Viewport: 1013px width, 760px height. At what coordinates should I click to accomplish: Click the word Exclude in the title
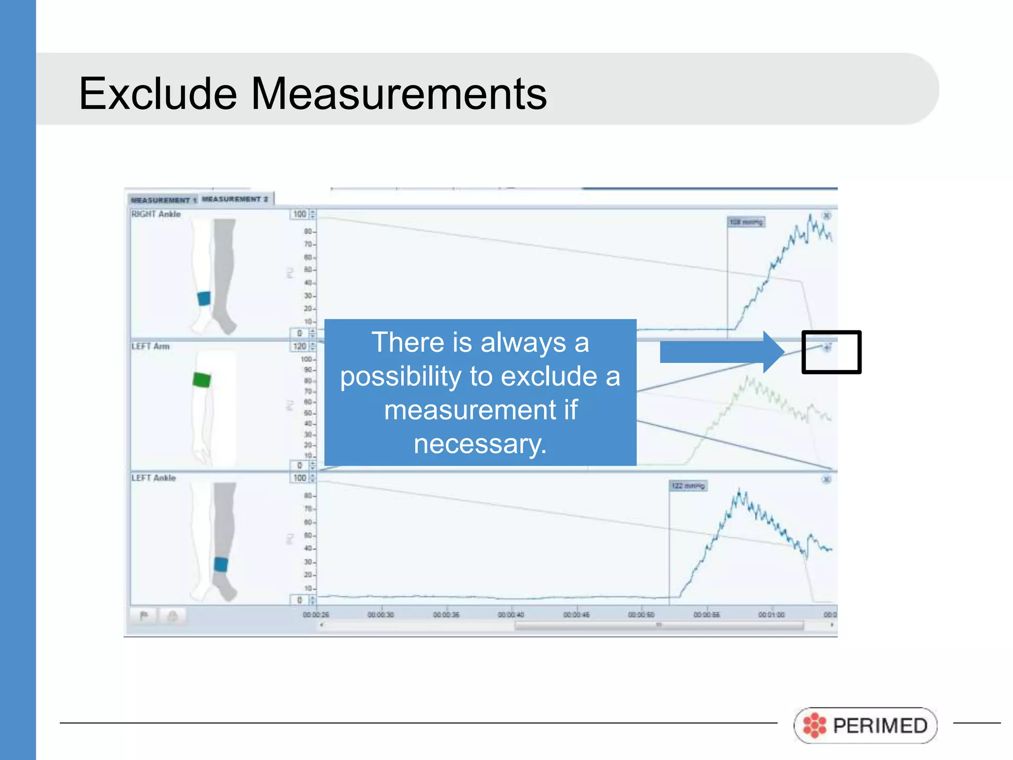point(158,94)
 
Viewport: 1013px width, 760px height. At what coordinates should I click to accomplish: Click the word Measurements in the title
point(399,94)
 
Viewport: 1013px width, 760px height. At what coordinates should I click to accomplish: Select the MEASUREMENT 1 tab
point(163,200)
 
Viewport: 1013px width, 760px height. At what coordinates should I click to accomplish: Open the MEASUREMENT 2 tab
point(235,199)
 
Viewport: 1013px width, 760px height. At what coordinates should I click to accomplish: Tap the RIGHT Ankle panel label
point(156,214)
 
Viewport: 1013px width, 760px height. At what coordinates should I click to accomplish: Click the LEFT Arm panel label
point(150,346)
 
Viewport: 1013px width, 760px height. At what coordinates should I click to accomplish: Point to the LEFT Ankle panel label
point(153,478)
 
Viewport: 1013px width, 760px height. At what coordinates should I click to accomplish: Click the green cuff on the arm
point(201,380)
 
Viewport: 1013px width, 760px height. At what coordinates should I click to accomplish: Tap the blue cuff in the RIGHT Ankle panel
point(204,298)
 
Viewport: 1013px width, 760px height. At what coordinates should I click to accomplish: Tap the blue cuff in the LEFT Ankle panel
point(221,564)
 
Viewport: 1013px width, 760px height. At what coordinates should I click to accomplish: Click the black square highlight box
point(831,352)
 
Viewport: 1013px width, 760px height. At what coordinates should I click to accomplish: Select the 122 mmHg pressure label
point(688,486)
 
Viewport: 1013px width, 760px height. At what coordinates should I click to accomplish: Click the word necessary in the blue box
point(480,444)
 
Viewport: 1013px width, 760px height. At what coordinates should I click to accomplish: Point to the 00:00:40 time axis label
point(511,615)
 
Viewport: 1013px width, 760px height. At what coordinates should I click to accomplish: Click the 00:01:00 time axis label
point(771,615)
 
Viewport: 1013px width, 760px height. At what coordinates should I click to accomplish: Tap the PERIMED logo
point(865,725)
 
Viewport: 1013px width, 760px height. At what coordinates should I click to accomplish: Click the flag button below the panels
point(144,616)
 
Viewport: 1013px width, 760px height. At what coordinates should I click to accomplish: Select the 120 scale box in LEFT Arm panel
point(300,346)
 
